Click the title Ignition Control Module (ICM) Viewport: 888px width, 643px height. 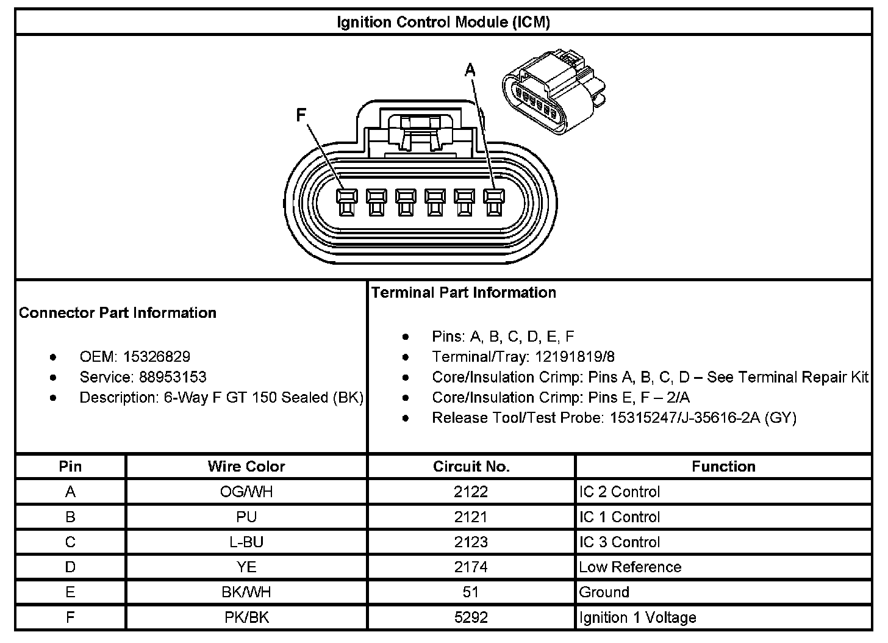[443, 23]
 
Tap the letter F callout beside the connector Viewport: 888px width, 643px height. [301, 115]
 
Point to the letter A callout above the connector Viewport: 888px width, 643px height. [470, 71]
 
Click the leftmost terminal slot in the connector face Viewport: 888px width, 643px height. [345, 201]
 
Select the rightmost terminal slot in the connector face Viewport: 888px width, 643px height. [493, 201]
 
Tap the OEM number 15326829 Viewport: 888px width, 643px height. [157, 357]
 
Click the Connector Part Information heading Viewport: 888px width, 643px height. [118, 313]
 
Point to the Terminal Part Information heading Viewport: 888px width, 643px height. [464, 293]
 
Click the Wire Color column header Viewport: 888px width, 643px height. [246, 467]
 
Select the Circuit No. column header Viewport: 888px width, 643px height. [471, 467]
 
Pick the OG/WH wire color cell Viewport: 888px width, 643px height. [246, 492]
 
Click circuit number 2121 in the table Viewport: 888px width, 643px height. [471, 517]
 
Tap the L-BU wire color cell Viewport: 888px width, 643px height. [246, 542]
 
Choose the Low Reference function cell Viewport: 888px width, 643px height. [630, 567]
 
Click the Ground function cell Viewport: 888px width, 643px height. [604, 592]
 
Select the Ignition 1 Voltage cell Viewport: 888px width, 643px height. [637, 617]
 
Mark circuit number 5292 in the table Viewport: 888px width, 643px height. [471, 617]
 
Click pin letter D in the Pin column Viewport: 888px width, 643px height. [70, 567]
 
